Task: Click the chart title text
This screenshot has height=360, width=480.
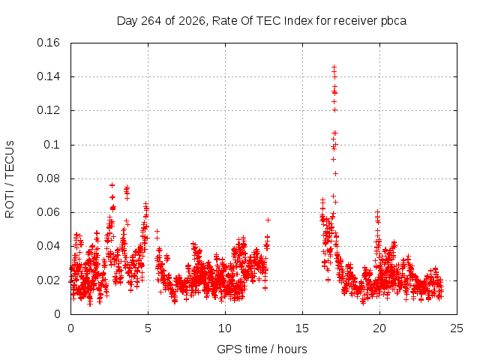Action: click(262, 21)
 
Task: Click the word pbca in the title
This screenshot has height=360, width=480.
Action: click(394, 22)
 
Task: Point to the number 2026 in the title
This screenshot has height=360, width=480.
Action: click(192, 21)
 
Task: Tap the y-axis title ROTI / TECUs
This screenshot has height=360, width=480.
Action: click(10, 179)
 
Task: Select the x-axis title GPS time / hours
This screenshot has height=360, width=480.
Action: click(262, 349)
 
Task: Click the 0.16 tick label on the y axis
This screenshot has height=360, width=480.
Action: click(48, 43)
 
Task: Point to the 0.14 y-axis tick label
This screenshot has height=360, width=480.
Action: click(48, 76)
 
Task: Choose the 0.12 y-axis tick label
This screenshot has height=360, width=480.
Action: click(48, 110)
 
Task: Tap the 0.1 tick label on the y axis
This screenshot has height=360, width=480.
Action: click(52, 145)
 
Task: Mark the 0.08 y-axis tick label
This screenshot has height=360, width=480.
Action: click(48, 178)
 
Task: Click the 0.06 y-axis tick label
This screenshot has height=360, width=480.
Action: click(48, 212)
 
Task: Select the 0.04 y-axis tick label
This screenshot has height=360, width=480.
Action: click(48, 246)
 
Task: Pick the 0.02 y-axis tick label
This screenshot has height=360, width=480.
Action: click(48, 280)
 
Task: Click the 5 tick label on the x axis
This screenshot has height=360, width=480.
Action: click(148, 328)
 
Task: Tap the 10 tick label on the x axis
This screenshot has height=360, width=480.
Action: click(225, 328)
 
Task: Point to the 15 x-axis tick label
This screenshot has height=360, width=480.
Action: click(302, 328)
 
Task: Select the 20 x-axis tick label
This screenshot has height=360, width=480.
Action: click(379, 328)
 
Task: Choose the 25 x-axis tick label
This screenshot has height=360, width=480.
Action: click(457, 328)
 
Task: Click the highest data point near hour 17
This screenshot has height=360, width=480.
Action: click(334, 67)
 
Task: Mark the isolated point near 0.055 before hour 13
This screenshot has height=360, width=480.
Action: click(268, 220)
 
